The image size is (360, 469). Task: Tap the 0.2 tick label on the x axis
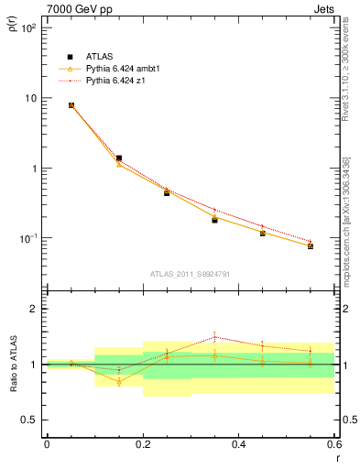coord(143,444)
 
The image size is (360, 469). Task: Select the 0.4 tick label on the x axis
coord(239,444)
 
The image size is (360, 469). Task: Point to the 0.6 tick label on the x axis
coord(334,444)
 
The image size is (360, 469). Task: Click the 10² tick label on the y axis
coord(27,28)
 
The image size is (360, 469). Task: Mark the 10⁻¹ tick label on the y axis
coord(27,239)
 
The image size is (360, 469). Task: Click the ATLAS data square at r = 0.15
coord(119,158)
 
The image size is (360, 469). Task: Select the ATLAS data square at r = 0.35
coord(215,220)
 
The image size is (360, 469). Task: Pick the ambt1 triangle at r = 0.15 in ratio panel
coord(119,381)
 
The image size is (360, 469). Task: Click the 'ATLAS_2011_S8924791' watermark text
coord(189,273)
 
